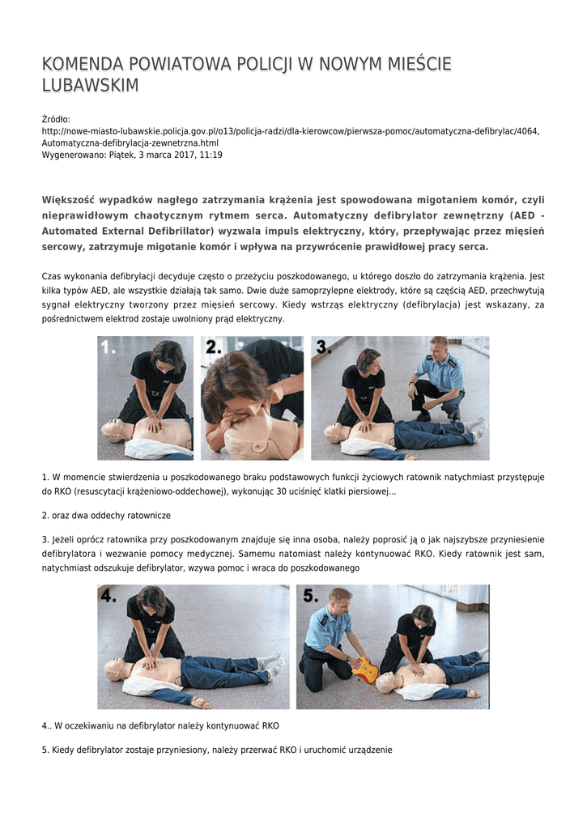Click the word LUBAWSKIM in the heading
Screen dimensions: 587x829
tap(90, 84)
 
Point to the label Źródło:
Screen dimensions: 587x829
tap(56, 120)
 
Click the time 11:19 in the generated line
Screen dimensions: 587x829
tap(211, 155)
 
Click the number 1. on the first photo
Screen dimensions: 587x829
tap(108, 346)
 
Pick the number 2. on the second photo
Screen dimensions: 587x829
tap(214, 346)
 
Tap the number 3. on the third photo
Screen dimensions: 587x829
tap(324, 346)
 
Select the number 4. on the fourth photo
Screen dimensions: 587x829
tap(108, 596)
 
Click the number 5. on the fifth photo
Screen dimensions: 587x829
tap(310, 596)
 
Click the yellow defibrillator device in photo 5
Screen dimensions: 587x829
tap(365, 668)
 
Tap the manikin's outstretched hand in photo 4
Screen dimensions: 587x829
tap(200, 701)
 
